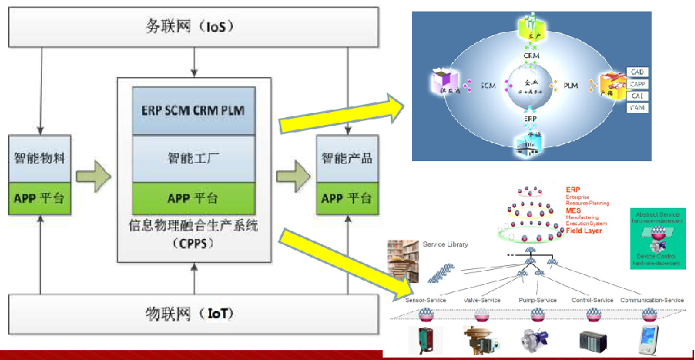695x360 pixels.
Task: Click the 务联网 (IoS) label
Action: [x=193, y=27]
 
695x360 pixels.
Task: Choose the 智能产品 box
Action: [x=347, y=158]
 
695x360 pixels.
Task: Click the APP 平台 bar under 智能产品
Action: [x=347, y=198]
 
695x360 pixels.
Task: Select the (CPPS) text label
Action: [x=193, y=242]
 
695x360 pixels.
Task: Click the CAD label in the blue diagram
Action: [x=638, y=72]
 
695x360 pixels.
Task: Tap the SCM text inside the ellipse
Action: [x=489, y=86]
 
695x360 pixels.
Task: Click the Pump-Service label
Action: [x=536, y=300]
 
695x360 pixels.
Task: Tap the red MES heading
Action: [x=573, y=211]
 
